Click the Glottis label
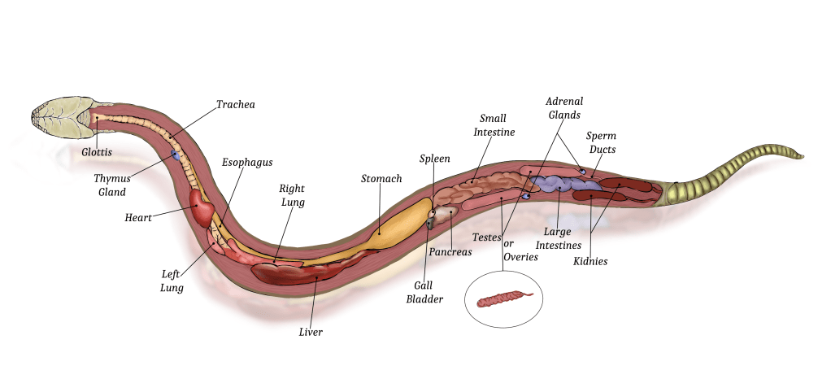(96, 151)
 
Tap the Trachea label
(235, 104)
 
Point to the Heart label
(138, 218)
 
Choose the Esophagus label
(247, 162)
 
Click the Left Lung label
(172, 281)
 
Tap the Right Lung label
(292, 195)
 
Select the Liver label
(311, 332)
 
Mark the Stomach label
(381, 178)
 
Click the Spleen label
(434, 159)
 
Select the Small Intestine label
(497, 125)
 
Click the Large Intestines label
(559, 238)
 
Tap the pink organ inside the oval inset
(503, 300)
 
